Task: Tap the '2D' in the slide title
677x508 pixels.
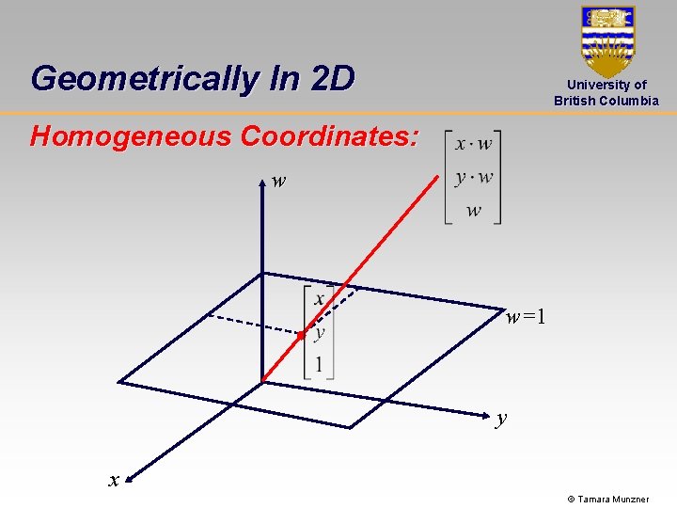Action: coord(331,78)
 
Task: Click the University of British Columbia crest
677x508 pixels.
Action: coord(607,40)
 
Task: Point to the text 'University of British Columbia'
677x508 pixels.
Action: coord(606,92)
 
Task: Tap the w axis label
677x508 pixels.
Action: coord(278,181)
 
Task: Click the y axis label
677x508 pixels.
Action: coord(502,418)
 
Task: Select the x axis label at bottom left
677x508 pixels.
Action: coord(114,480)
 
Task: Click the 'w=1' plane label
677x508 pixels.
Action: coord(526,317)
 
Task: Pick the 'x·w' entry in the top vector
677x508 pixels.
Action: coord(473,144)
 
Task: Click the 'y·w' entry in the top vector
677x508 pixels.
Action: coord(473,178)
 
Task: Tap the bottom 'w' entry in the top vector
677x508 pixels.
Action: coord(473,211)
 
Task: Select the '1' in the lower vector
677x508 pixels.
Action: coord(320,365)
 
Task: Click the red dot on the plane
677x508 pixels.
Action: coord(300,334)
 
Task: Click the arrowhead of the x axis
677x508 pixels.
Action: coord(128,475)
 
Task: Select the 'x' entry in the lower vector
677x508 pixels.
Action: coord(320,299)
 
